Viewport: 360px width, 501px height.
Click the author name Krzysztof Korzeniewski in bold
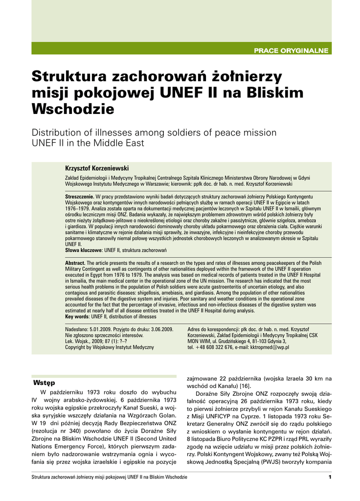point(97,168)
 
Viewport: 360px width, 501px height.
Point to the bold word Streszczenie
point(80,197)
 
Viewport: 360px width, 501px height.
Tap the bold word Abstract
point(75,263)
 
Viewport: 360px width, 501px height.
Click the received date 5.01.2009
point(101,329)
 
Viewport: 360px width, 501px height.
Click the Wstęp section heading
point(44,381)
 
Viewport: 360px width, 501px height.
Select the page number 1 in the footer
point(330,477)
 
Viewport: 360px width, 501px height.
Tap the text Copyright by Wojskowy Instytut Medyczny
point(110,347)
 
